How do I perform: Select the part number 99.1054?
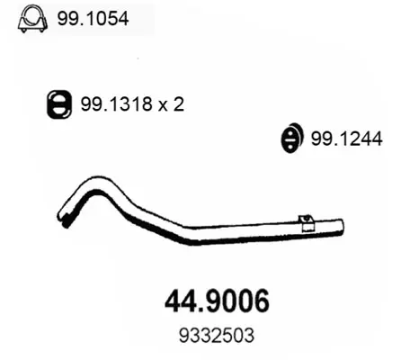coord(93,19)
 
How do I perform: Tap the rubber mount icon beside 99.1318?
coord(59,103)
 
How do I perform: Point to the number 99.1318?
coord(117,104)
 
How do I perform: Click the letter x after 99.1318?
coord(163,106)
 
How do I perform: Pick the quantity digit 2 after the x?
coord(178,104)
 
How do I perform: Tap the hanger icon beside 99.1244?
coord(292,138)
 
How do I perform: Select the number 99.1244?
coord(347,139)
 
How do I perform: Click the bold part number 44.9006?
coord(218,301)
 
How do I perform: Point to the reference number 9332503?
coord(217,335)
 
